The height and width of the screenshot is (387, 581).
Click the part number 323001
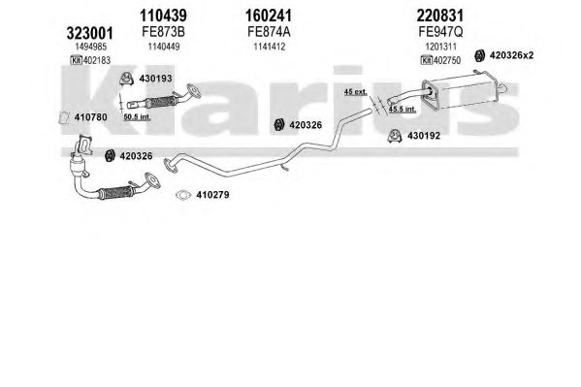pos(89,33)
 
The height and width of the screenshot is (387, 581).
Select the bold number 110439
pos(163,16)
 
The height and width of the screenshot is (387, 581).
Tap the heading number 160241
pos(269,16)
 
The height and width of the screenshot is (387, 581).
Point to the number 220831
pos(440,16)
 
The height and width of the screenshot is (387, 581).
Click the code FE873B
pos(163,32)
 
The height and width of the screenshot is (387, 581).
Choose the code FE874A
pos(269,32)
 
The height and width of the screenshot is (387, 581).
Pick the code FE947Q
pos(440,32)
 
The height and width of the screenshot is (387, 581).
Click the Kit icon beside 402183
pos(76,60)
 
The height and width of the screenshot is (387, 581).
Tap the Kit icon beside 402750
pos(427,60)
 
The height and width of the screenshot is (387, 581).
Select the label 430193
pos(155,79)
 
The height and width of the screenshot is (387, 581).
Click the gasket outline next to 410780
pos(64,118)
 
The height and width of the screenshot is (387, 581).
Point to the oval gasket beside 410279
pos(183,195)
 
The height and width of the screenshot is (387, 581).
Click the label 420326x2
pos(512,55)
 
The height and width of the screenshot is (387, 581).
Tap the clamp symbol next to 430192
pos(395,136)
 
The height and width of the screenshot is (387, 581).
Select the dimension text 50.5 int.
pos(137,117)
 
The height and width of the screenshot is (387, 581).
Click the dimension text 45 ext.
pos(355,91)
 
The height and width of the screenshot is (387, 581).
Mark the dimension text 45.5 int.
pos(402,110)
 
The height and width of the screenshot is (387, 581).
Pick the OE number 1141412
pos(270,47)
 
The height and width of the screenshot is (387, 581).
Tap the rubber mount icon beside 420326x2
pos(480,55)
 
